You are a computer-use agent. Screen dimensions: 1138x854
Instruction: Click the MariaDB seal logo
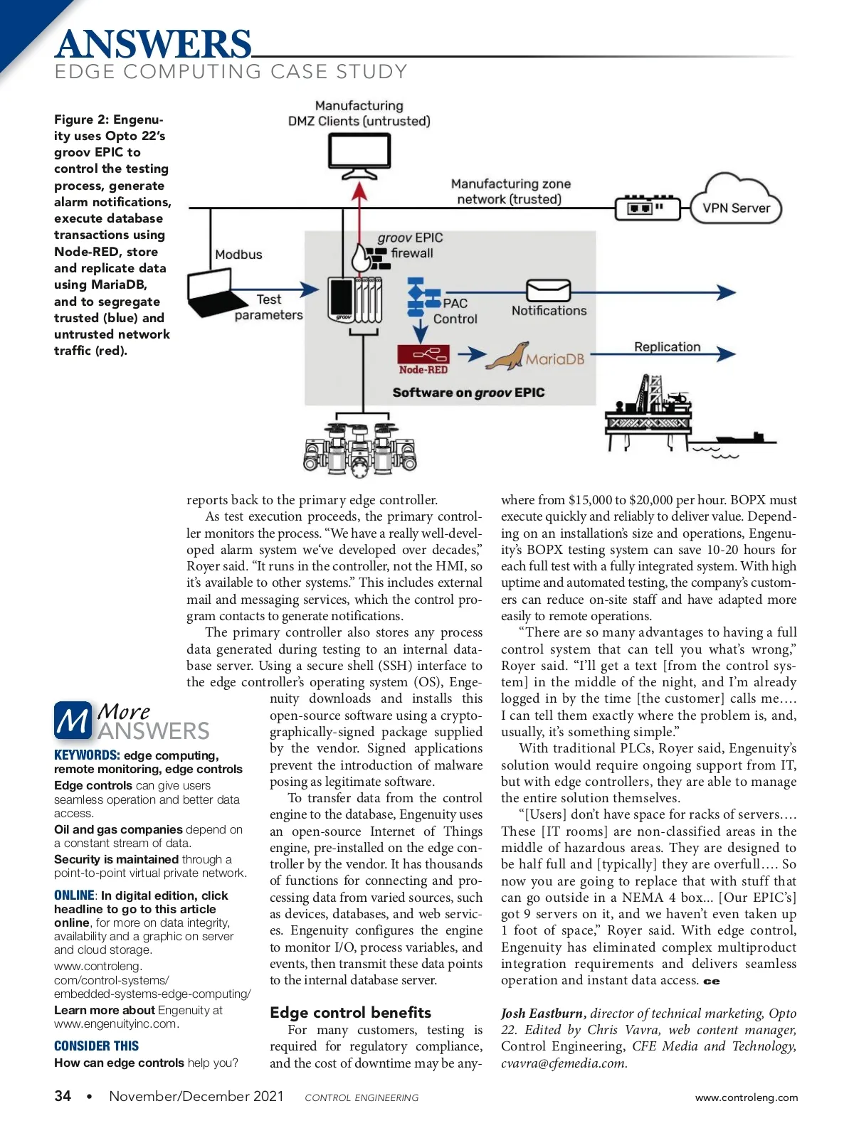pos(507,356)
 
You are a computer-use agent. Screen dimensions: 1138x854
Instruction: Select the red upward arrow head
pos(360,191)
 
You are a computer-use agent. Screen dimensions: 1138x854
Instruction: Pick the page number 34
pos(63,1096)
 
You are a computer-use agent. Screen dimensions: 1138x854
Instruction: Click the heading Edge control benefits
pos(350,1012)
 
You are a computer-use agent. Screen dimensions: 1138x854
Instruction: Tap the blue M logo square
pos(72,720)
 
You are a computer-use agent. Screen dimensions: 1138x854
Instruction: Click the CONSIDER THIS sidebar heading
pos(96,1046)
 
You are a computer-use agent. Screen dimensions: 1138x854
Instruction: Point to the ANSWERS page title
pos(153,44)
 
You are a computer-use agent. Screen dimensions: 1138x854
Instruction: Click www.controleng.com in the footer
pos(746,1097)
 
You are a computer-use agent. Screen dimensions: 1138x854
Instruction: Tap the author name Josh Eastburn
pos(543,1014)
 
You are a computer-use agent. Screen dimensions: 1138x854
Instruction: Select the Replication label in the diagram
pos(667,346)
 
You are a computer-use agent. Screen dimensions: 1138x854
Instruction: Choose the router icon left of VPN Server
pos(644,208)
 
